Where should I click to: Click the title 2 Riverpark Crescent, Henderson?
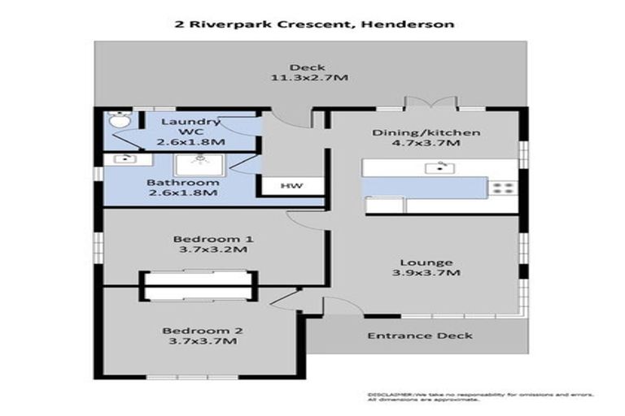click(x=314, y=24)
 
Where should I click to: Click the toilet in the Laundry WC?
click(x=120, y=120)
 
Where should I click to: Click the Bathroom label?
click(x=183, y=182)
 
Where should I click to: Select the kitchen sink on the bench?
click(x=440, y=168)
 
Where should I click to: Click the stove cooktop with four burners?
click(x=502, y=188)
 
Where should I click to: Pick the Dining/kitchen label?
click(x=426, y=132)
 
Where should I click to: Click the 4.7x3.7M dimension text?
click(x=427, y=144)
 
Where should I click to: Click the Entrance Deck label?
click(x=419, y=336)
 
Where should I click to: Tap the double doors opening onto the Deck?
click(x=431, y=103)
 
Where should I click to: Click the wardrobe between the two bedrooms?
click(x=199, y=285)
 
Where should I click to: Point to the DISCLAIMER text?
click(x=391, y=393)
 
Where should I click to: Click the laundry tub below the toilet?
click(x=124, y=159)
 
